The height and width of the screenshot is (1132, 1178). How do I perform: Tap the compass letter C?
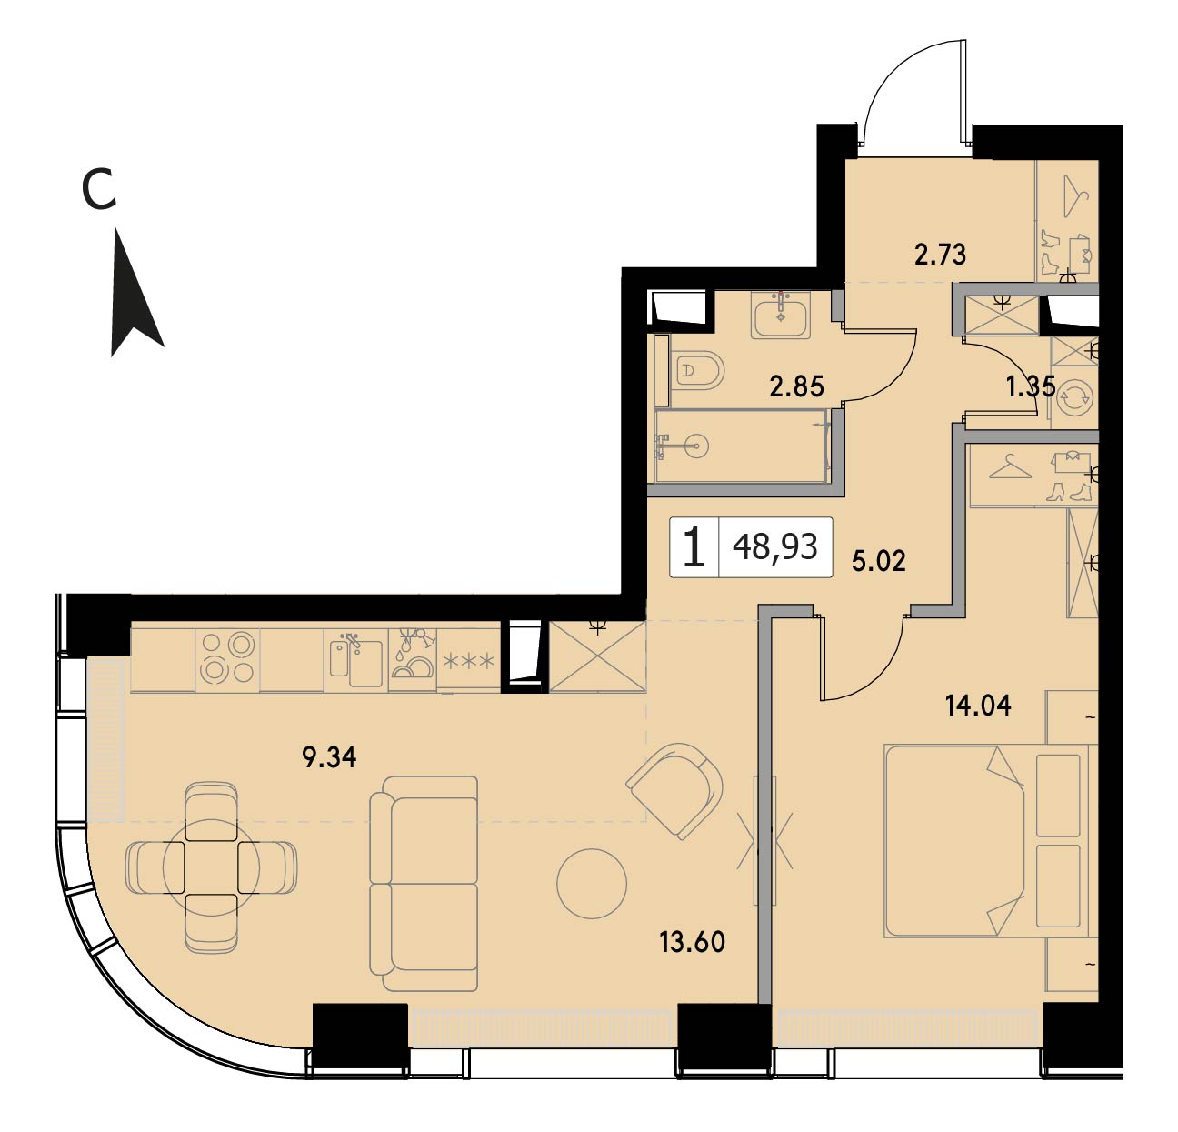[99, 188]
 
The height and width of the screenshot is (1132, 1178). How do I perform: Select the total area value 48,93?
[774, 546]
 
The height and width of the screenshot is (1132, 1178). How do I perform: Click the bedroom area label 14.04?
[978, 706]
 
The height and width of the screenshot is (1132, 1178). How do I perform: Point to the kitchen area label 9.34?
[329, 756]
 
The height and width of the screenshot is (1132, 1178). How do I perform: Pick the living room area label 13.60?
[692, 942]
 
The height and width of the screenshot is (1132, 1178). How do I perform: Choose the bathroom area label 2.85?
[796, 386]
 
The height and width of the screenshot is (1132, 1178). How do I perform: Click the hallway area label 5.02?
[878, 562]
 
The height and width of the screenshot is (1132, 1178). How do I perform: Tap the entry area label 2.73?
[940, 255]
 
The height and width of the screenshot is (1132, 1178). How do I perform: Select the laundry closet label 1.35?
[1031, 386]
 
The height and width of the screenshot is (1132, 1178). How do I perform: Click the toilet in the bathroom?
[696, 370]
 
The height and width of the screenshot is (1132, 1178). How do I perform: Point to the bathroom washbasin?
[781, 314]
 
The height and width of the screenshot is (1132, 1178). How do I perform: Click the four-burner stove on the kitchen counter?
[227, 659]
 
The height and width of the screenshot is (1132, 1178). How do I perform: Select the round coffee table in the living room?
[592, 884]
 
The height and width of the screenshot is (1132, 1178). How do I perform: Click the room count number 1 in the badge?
[694, 547]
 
